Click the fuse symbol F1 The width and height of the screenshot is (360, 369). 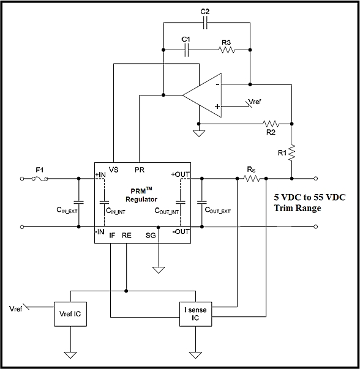pos(40,179)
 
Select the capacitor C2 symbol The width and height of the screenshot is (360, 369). pos(205,23)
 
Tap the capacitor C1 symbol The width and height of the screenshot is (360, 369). pos(186,50)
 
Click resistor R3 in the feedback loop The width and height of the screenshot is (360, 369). pos(227,50)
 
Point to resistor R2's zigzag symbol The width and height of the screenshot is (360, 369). pos(271,124)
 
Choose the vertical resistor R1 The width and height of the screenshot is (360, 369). pos(291,153)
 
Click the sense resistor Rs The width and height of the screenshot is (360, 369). pos(252,179)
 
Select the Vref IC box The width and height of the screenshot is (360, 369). pos(70,314)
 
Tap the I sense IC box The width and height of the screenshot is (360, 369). pos(196,314)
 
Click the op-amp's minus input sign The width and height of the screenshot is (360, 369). pos(218,84)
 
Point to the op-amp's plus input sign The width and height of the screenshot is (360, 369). pos(217,106)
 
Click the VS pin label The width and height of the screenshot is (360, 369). pos(114,170)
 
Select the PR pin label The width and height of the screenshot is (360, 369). pos(140,170)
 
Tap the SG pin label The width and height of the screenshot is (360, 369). pos(151,236)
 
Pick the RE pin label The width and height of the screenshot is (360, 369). pos(127,236)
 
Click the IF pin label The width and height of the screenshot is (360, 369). pos(112,236)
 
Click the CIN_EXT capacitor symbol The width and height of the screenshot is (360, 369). pos(78,203)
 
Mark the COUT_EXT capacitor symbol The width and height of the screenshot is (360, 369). pos(202,203)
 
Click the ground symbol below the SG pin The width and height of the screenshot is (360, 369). pos(159,270)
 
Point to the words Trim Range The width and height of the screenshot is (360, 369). pos(298,208)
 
